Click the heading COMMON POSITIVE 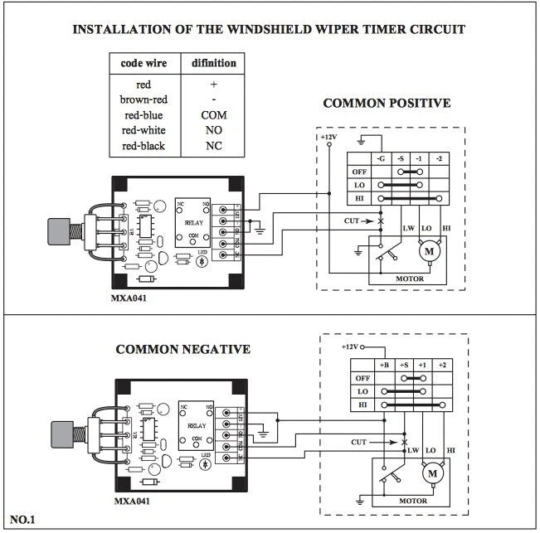tap(386, 104)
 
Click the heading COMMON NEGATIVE tap(182, 349)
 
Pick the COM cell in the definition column tap(213, 115)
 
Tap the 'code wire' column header tap(143, 63)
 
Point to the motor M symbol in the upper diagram tap(430, 250)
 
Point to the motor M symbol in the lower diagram tap(431, 473)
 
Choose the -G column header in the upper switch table tap(380, 158)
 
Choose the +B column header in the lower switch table tap(383, 365)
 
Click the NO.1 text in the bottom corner tap(24, 520)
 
